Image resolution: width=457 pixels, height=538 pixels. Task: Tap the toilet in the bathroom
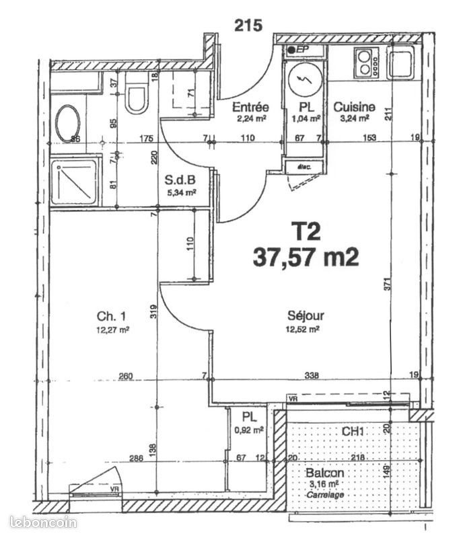(137, 99)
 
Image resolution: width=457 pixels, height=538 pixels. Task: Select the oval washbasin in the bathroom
(67, 123)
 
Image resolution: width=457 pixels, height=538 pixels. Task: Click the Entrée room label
(250, 107)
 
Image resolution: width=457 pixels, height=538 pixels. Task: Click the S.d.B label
(180, 180)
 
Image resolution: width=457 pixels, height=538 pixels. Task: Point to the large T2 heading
(306, 232)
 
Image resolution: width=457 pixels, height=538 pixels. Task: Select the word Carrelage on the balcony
(326, 494)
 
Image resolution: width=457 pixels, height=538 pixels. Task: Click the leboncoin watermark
(43, 522)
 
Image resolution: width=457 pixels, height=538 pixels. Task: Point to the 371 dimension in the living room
(387, 285)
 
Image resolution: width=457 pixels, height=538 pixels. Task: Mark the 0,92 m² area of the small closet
(248, 430)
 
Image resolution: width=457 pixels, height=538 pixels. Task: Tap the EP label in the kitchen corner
(300, 50)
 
